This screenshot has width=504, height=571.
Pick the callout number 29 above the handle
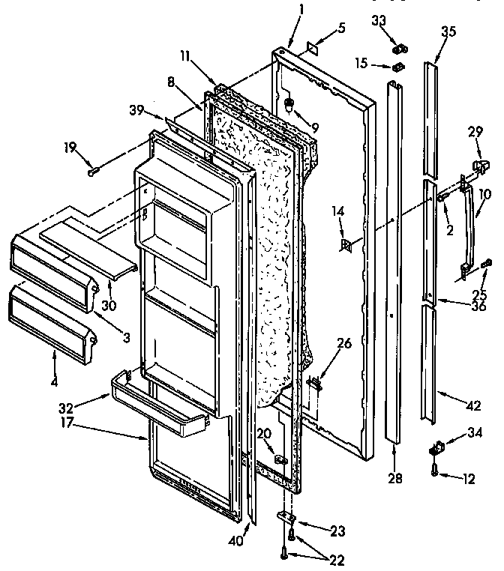[474, 133]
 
